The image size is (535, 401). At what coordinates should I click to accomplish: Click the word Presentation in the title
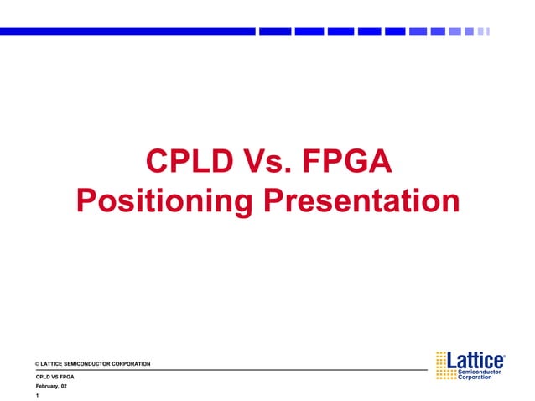pos(361,201)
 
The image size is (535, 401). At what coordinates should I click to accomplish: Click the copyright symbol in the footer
pos(37,364)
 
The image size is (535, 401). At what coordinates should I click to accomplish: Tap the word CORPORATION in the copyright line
pos(131,364)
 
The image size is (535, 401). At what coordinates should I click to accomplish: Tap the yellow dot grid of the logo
pos(445,366)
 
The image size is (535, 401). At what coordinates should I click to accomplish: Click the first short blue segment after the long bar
pos(274,31)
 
